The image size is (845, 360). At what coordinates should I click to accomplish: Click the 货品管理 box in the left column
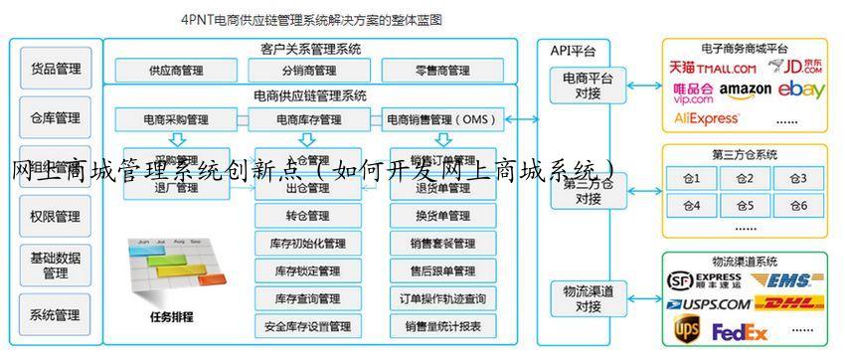tap(56, 69)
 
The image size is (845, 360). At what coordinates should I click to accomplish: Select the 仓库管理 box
tap(56, 117)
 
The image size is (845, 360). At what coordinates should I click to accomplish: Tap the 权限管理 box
tap(56, 216)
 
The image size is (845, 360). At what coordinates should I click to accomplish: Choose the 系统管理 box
tap(56, 315)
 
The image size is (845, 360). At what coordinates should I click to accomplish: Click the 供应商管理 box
tap(176, 71)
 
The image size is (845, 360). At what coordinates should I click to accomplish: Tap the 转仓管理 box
tap(308, 216)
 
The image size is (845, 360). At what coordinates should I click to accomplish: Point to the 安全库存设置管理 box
tap(308, 326)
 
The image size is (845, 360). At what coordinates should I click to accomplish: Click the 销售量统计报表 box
tap(442, 326)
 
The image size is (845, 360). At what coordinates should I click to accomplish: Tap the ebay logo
tap(801, 90)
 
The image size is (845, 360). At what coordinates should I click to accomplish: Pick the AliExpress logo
tap(707, 117)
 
